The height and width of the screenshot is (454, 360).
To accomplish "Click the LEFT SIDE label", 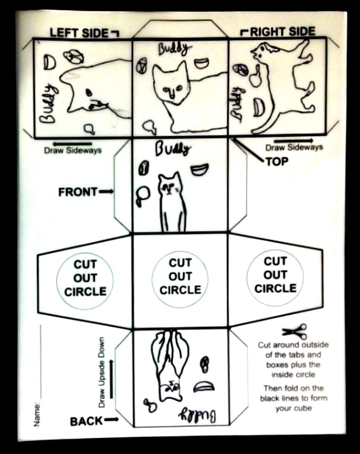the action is [78, 33].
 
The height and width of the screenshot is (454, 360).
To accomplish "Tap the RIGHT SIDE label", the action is [283, 32].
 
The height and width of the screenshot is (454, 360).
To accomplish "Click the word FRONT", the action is [78, 192].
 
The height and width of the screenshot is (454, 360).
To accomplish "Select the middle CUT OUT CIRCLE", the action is [180, 276].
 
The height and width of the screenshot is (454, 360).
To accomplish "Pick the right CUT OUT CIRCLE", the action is [275, 275].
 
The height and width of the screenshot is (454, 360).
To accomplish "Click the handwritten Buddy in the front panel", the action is [172, 149].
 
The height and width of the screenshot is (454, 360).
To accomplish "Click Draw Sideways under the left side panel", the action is [73, 150].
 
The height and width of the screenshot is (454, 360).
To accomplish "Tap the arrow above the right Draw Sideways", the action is [293, 141].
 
